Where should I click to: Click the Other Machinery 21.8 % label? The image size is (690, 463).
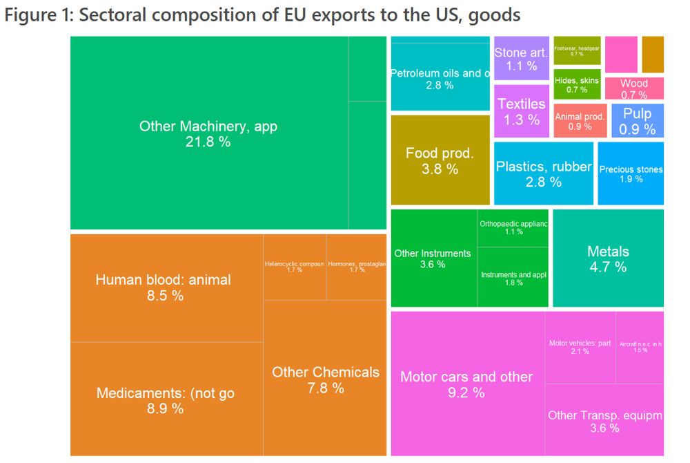click(x=208, y=134)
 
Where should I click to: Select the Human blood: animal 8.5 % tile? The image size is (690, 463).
click(x=163, y=288)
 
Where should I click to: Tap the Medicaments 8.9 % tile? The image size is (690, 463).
click(x=166, y=400)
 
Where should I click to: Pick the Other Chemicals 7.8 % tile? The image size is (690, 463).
click(x=325, y=379)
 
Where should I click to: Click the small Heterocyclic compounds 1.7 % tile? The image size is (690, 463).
click(x=294, y=267)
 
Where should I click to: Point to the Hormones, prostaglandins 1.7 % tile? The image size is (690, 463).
click(x=356, y=267)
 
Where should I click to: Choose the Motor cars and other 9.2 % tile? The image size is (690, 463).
click(x=466, y=384)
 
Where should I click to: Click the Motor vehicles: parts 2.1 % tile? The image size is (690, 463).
click(x=580, y=347)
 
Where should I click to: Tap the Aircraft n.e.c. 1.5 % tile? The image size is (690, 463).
click(x=640, y=347)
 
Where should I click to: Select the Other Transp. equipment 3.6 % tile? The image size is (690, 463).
click(x=604, y=421)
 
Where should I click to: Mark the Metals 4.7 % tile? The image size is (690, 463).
click(x=608, y=258)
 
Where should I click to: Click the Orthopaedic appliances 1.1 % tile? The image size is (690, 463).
click(x=513, y=227)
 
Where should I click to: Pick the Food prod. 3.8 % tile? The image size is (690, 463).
click(x=440, y=160)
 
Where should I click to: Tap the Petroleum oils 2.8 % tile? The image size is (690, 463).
click(x=440, y=78)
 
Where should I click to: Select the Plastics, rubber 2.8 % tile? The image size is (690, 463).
click(x=543, y=174)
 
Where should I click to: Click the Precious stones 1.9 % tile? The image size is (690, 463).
click(x=630, y=173)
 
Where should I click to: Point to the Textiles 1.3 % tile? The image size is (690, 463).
click(x=521, y=111)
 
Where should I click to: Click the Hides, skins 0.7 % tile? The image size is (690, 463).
click(x=576, y=85)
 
